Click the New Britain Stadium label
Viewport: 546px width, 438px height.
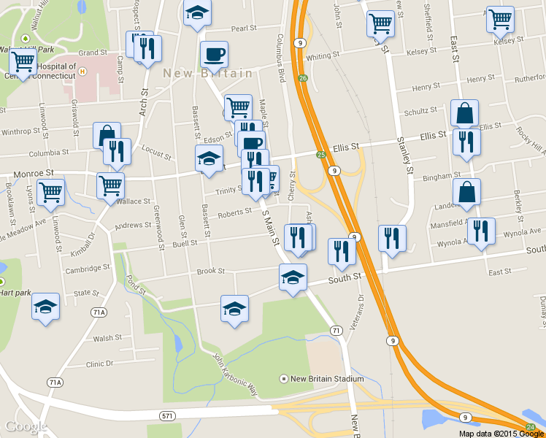[x=326, y=379]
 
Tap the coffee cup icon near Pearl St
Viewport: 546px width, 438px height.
[x=214, y=54]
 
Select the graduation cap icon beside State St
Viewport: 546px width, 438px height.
[x=46, y=307]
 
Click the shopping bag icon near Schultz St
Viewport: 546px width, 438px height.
[x=464, y=113]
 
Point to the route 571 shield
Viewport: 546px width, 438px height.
[x=167, y=415]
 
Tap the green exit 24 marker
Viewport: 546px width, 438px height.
[x=531, y=427]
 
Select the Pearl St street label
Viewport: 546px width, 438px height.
[x=244, y=28]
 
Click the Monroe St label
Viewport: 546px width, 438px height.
[x=34, y=173]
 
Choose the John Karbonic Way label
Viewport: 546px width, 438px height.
[x=235, y=374]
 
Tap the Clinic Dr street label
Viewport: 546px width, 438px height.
[x=100, y=364]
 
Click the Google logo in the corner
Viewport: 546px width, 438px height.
[x=26, y=426]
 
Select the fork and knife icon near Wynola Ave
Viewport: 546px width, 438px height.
[x=481, y=231]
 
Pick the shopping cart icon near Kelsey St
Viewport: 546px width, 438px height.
[x=500, y=20]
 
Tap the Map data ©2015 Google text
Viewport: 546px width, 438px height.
[x=501, y=433]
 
